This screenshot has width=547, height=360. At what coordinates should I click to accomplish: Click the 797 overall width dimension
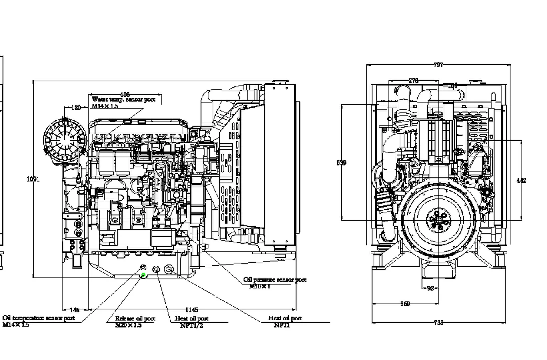(x=439, y=65)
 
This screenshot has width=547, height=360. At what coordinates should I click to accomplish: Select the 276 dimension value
(x=413, y=81)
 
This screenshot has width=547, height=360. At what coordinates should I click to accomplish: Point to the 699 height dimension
(x=341, y=163)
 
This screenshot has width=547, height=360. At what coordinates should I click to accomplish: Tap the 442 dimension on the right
(x=521, y=180)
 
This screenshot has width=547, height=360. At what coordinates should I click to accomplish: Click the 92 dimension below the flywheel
(x=430, y=288)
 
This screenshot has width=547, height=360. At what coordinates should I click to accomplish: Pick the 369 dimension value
(x=405, y=304)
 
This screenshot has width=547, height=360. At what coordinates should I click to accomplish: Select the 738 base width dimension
(x=439, y=322)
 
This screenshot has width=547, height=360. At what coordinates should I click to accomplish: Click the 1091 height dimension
(x=33, y=179)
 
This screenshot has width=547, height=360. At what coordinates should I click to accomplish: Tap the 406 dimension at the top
(x=125, y=94)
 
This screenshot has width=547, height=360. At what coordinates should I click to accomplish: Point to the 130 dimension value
(x=76, y=107)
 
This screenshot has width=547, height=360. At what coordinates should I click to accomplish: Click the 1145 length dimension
(x=192, y=310)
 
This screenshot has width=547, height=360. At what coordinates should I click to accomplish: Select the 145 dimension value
(x=75, y=310)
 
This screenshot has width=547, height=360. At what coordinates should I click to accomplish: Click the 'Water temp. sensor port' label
(x=124, y=100)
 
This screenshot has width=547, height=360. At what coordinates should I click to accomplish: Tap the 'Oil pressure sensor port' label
(x=275, y=280)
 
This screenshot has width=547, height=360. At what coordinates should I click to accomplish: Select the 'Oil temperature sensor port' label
(x=38, y=318)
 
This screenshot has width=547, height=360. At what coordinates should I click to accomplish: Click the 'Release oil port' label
(x=135, y=319)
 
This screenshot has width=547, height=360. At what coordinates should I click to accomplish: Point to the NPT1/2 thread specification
(x=192, y=326)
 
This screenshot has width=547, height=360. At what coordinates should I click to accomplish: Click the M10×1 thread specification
(x=260, y=286)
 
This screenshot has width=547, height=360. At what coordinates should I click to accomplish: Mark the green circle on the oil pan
(x=143, y=275)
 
